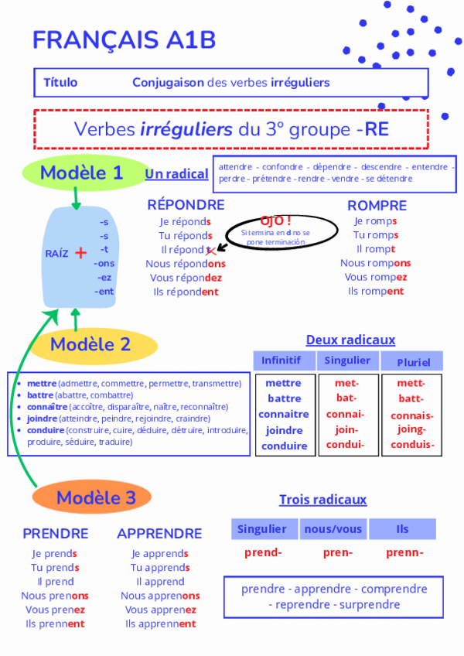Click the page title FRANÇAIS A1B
click(125, 41)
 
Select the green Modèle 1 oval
click(83, 173)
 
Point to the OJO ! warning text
click(276, 220)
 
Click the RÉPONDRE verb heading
click(186, 205)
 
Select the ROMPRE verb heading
click(377, 206)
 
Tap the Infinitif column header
click(285, 360)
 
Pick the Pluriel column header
click(413, 361)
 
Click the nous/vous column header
click(333, 529)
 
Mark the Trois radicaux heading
click(322, 500)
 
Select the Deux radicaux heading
click(350, 340)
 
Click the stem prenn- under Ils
click(404, 552)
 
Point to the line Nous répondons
click(186, 264)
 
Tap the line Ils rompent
click(376, 292)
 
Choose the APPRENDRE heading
click(159, 534)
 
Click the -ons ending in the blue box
click(104, 264)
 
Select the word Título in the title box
click(60, 82)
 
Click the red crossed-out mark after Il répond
click(210, 250)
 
